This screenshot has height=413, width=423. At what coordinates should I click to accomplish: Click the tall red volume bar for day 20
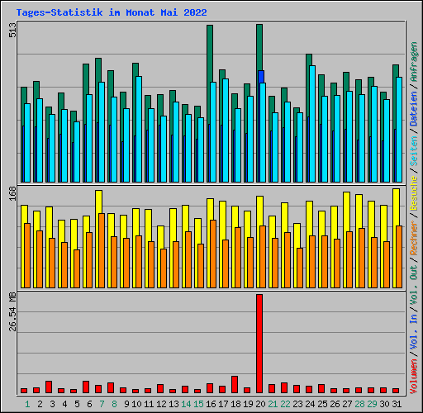[259, 344]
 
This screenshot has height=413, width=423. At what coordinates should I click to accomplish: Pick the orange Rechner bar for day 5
[77, 268]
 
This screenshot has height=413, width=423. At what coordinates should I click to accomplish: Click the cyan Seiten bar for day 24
[312, 124]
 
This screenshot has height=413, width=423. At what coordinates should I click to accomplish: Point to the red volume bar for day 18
[235, 384]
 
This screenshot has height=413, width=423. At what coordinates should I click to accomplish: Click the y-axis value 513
[12, 30]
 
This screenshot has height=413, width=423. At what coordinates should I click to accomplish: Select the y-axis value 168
[12, 193]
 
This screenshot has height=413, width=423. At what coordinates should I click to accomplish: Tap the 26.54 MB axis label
[12, 311]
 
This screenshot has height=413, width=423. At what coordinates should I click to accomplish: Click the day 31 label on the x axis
[397, 404]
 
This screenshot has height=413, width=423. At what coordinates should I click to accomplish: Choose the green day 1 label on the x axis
[27, 404]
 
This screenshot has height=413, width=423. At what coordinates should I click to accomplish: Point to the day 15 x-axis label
[198, 404]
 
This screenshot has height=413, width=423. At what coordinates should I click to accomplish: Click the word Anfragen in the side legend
[414, 61]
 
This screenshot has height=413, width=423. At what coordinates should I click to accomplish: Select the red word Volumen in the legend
[414, 377]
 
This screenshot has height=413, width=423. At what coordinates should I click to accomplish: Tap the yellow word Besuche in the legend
[414, 193]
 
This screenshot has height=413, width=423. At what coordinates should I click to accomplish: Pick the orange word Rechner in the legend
[414, 238]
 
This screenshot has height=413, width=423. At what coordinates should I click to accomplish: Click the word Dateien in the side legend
[414, 108]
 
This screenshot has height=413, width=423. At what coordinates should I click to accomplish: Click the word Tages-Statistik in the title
[59, 12]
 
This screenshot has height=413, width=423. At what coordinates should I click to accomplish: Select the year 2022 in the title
[195, 12]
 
